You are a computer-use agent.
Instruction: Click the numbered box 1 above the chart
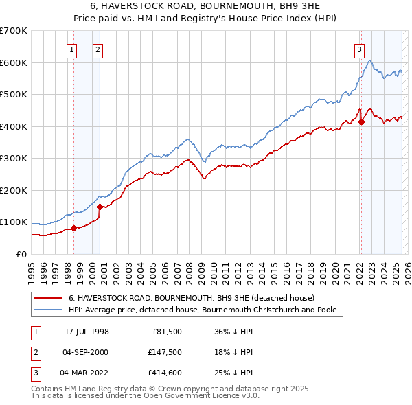point(72,49)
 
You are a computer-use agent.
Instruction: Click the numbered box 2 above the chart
point(98,49)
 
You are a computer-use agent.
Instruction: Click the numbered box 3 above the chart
point(359,49)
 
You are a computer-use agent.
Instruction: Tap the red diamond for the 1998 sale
point(73,229)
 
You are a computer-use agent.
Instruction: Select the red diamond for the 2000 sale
point(100,207)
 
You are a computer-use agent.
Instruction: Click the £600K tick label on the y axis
point(14,62)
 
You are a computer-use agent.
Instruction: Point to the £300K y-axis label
point(14,159)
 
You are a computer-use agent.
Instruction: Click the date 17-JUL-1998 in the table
point(87,332)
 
